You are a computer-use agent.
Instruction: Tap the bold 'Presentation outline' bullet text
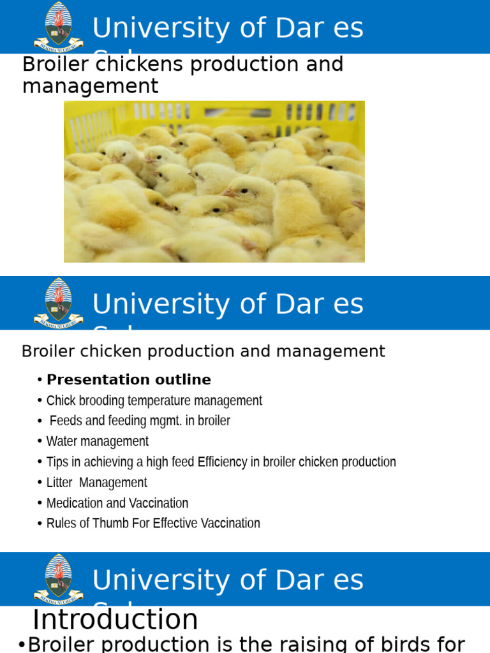(x=128, y=380)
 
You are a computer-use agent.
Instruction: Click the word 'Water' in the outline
(x=61, y=441)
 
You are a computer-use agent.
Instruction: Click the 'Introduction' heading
(x=115, y=620)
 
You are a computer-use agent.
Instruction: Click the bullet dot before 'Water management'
(x=40, y=442)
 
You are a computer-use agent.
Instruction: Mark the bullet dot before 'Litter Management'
(x=40, y=483)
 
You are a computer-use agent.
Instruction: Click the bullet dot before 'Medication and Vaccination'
(x=40, y=503)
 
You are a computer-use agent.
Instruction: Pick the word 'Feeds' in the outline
(x=65, y=421)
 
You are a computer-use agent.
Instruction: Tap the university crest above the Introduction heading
(x=59, y=578)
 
